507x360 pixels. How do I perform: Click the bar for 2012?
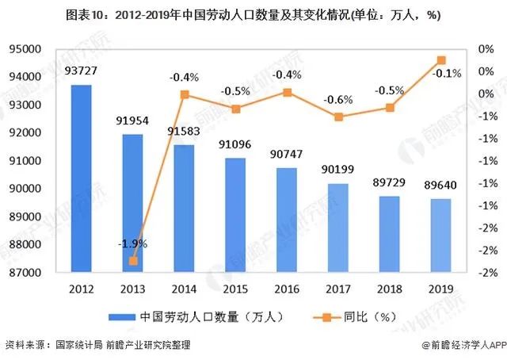coord(81,178)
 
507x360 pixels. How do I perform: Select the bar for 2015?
coord(234,215)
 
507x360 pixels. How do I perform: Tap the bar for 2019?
coord(440,236)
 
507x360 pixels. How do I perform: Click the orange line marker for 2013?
coord(133,261)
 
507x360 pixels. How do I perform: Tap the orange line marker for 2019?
coord(441,60)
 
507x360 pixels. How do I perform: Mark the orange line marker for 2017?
coord(338,117)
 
